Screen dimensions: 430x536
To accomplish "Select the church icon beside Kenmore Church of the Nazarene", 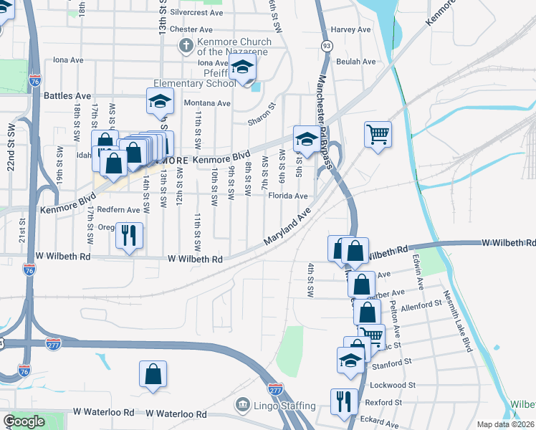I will (185, 46).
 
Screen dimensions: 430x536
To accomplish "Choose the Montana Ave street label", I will (207, 103).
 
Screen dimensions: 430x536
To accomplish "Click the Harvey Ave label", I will (350, 30).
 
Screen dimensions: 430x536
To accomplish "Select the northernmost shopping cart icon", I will (378, 134).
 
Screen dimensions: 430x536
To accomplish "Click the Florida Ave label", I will (288, 196).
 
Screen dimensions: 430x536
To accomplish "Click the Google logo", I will (24, 422).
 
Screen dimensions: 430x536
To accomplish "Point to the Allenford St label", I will (421, 305).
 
